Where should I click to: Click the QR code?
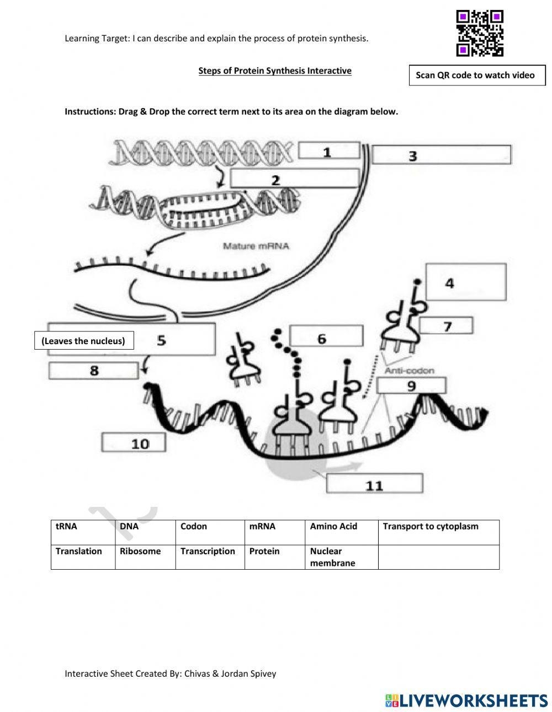(480, 33)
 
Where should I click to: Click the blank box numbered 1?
(328, 151)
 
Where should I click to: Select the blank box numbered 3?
(441, 155)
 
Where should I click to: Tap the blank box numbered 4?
(465, 282)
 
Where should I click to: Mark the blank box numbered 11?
(374, 484)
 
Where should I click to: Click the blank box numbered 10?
(134, 442)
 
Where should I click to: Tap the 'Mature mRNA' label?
(256, 246)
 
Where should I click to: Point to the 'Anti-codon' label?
(409, 371)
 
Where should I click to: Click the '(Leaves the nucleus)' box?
(83, 341)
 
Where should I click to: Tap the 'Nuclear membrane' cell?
(342, 557)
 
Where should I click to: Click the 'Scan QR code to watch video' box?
(476, 76)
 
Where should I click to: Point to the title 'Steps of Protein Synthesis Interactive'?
(275, 71)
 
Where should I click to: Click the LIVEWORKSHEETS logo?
(466, 700)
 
